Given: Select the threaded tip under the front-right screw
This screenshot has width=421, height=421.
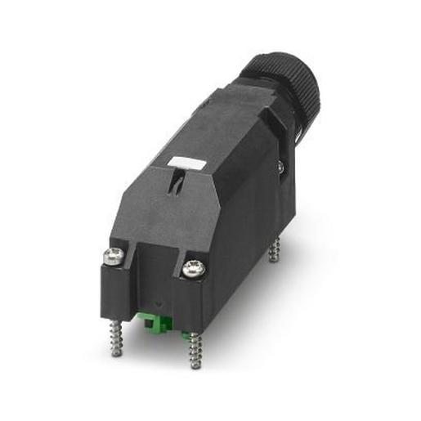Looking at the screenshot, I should (x=194, y=351).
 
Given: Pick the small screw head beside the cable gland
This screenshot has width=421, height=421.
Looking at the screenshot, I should (x=280, y=167).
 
